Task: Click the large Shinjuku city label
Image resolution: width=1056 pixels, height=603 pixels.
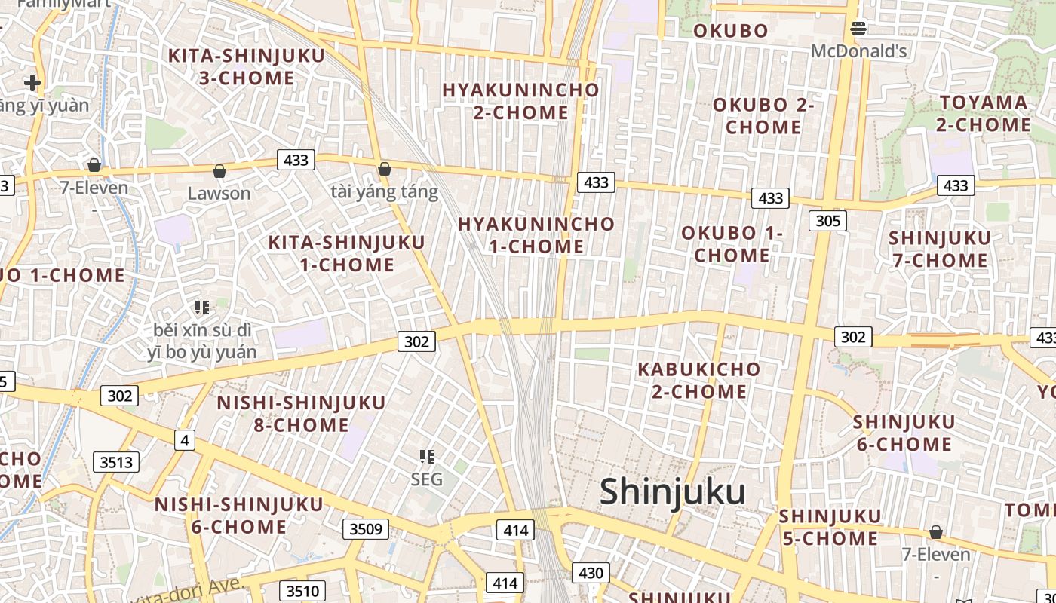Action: click(672, 492)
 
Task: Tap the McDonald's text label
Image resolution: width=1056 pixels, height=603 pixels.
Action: click(858, 51)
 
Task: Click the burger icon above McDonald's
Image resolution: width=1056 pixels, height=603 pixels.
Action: click(858, 29)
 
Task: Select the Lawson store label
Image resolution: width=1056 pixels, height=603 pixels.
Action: click(219, 194)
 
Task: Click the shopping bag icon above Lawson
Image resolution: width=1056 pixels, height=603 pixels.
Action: click(219, 172)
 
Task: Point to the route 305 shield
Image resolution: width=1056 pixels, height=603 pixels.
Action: click(827, 221)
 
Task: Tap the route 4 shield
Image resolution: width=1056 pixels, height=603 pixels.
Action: click(185, 440)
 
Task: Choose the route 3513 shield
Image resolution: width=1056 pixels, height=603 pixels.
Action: click(116, 462)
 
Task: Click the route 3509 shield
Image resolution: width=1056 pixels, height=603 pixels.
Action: click(366, 529)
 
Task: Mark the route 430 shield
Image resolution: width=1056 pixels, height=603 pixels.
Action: click(591, 573)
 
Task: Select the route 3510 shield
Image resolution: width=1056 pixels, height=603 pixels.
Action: click(302, 591)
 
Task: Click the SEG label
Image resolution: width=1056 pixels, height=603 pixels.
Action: click(427, 479)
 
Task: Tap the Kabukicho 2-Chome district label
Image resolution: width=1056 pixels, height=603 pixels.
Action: click(699, 381)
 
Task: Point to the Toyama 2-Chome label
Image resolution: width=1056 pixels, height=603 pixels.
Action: click(984, 114)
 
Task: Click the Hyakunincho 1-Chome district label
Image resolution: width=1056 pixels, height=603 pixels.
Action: click(536, 235)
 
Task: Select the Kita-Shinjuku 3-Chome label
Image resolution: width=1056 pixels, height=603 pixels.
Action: click(247, 67)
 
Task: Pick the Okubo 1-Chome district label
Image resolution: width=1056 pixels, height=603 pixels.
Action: click(732, 244)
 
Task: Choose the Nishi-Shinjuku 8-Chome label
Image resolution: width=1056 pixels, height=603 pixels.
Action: click(301, 414)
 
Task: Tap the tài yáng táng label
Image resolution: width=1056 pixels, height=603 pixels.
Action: click(384, 192)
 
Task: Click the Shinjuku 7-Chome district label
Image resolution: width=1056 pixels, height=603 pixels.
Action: click(940, 249)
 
